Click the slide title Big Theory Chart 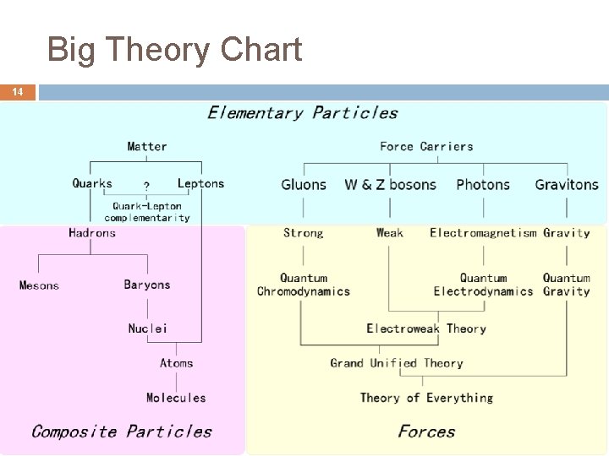click(x=174, y=51)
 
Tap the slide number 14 click(x=18, y=92)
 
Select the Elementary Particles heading click(x=302, y=112)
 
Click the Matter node click(x=147, y=146)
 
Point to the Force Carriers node click(x=426, y=146)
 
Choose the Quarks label click(x=92, y=183)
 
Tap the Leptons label click(x=200, y=183)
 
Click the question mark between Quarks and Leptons click(x=147, y=186)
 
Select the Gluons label click(x=304, y=184)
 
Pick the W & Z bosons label click(x=390, y=184)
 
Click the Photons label click(x=483, y=184)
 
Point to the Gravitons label click(x=567, y=184)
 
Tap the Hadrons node click(x=92, y=233)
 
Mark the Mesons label click(x=40, y=285)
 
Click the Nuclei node click(x=148, y=328)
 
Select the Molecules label click(x=176, y=398)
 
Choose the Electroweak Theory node click(x=426, y=328)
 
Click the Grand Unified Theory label click(x=397, y=363)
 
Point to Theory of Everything click(x=426, y=398)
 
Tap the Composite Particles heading click(x=122, y=432)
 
